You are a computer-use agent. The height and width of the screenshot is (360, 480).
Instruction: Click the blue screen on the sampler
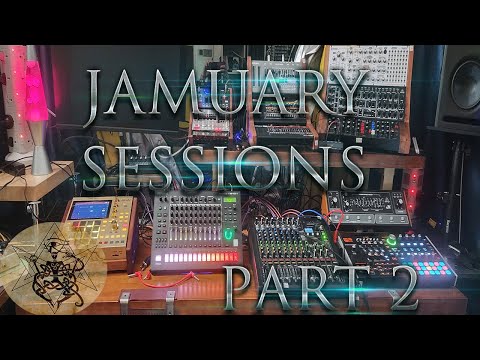coord(91,210)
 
